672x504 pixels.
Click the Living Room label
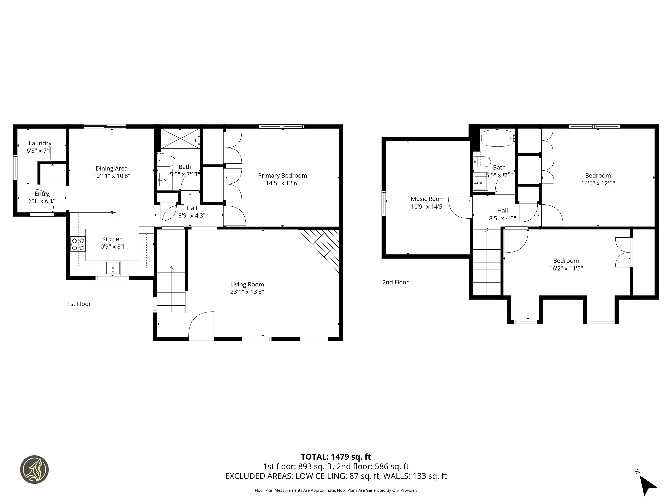(247, 284)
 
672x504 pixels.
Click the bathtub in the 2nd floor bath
(497, 138)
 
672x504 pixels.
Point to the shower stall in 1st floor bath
(180, 139)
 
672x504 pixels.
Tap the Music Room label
(427, 199)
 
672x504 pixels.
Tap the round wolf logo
(34, 469)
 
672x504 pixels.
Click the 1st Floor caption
(79, 304)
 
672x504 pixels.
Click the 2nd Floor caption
(395, 282)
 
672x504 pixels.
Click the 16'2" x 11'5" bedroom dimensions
(566, 268)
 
